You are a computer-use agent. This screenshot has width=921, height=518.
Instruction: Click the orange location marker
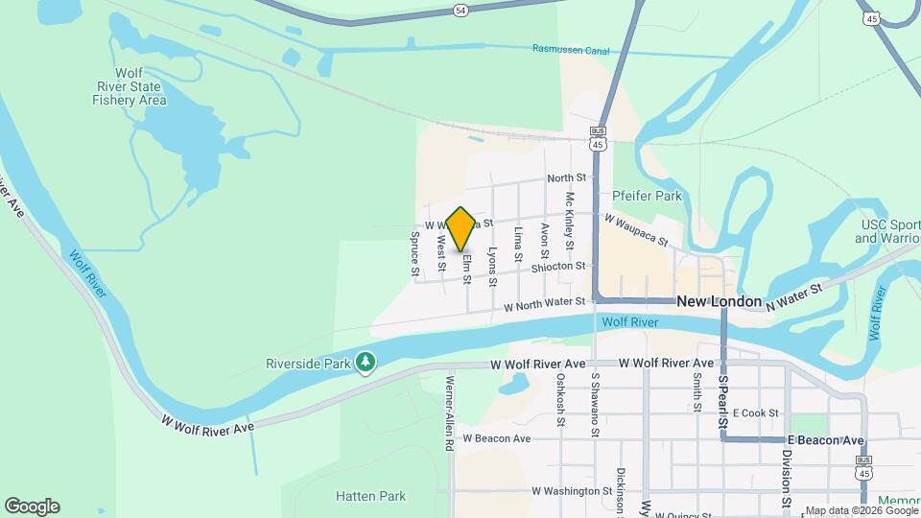click(461, 229)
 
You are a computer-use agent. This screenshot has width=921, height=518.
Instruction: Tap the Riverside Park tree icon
click(365, 363)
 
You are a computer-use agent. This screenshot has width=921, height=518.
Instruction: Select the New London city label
click(720, 301)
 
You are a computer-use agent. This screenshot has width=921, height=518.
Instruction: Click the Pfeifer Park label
click(647, 196)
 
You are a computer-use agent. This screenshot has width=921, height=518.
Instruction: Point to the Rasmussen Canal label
click(573, 49)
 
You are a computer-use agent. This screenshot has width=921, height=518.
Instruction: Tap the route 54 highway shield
click(461, 10)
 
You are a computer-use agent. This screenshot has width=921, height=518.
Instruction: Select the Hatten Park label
click(370, 496)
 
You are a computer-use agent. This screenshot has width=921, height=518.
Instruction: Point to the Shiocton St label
click(557, 266)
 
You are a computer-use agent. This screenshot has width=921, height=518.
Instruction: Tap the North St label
click(566, 178)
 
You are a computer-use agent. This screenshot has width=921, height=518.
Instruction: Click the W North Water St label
click(545, 302)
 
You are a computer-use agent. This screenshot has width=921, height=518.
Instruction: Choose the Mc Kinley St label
click(569, 220)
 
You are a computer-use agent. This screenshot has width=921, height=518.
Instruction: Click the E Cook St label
click(755, 413)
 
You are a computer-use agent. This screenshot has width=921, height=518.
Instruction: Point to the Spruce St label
click(415, 254)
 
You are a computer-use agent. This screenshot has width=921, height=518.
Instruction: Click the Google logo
click(32, 506)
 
